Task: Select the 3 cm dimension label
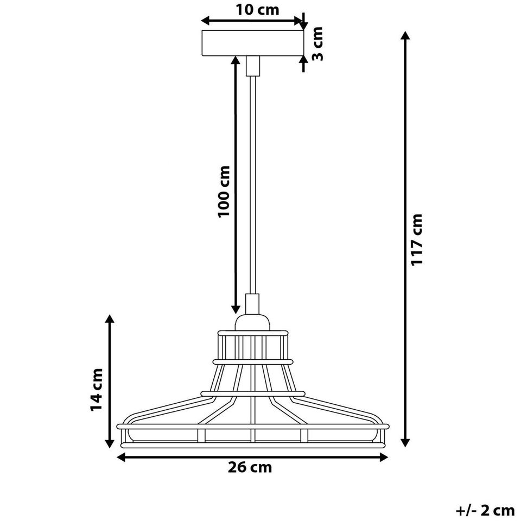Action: [318, 43]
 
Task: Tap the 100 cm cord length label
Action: [224, 191]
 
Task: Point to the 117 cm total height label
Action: [417, 239]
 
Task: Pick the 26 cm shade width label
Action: [250, 467]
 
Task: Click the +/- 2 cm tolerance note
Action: [485, 510]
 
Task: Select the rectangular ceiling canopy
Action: [252, 43]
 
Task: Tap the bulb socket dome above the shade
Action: [252, 323]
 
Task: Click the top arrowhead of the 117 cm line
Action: [405, 36]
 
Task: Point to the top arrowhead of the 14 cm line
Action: [110, 320]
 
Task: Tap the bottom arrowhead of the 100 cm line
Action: [236, 309]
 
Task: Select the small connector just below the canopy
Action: [252, 66]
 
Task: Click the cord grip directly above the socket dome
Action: [252, 304]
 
